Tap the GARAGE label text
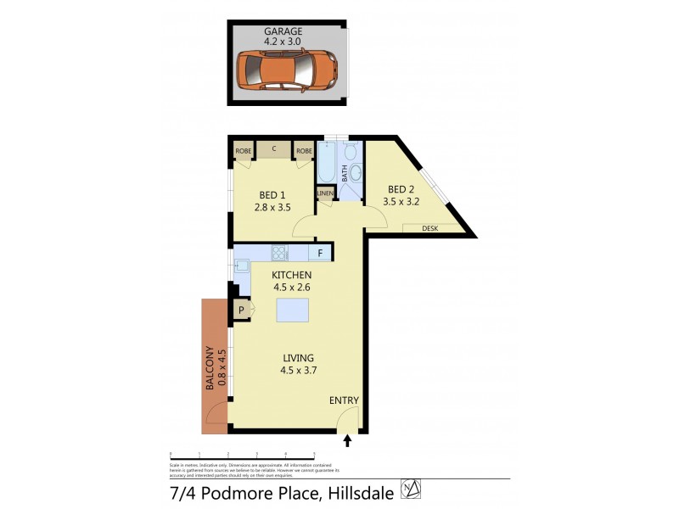[283, 31]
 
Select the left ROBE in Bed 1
[244, 151]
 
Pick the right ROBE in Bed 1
[304, 151]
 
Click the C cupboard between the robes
[274, 150]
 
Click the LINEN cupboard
[325, 194]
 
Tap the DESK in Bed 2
[429, 227]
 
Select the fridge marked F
[320, 252]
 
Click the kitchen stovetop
[279, 252]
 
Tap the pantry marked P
[241, 311]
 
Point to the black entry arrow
[347, 440]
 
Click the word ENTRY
[345, 401]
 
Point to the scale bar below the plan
[243, 456]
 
